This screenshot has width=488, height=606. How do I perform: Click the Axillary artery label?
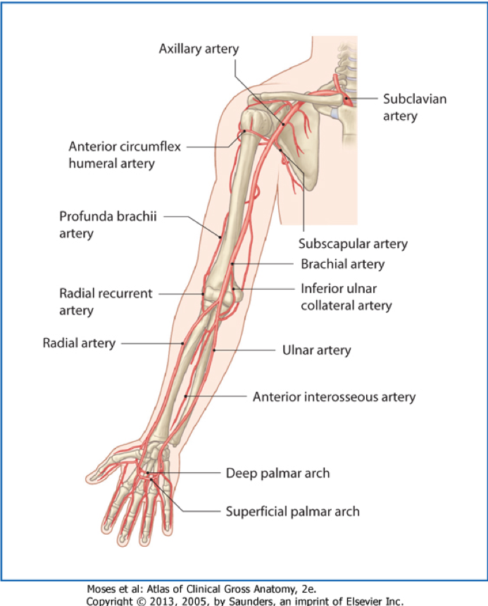pyautogui.click(x=199, y=49)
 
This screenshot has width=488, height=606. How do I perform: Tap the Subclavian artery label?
pyautogui.click(x=415, y=107)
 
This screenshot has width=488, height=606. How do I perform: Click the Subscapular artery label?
pyautogui.click(x=353, y=244)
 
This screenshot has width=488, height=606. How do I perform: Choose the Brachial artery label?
pyautogui.click(x=342, y=264)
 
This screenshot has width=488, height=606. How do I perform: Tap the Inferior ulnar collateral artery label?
pyautogui.click(x=346, y=297)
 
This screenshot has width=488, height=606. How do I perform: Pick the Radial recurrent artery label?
pyautogui.click(x=106, y=302)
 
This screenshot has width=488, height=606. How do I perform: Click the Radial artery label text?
pyautogui.click(x=79, y=343)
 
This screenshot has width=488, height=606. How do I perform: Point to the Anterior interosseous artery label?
pyautogui.click(x=334, y=397)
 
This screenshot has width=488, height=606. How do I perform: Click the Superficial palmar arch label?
pyautogui.click(x=292, y=511)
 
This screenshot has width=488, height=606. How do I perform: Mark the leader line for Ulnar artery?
pyautogui.click(x=243, y=350)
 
